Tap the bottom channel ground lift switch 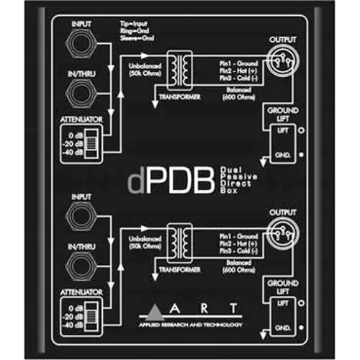[282, 315]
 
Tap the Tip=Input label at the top [134, 24]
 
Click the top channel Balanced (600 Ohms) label [234, 97]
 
